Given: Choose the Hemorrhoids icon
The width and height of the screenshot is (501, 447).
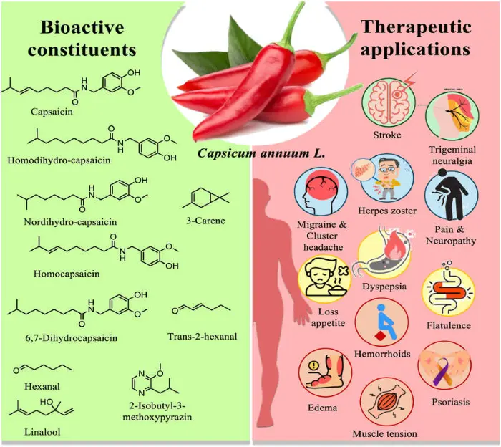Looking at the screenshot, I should coord(381,323).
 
